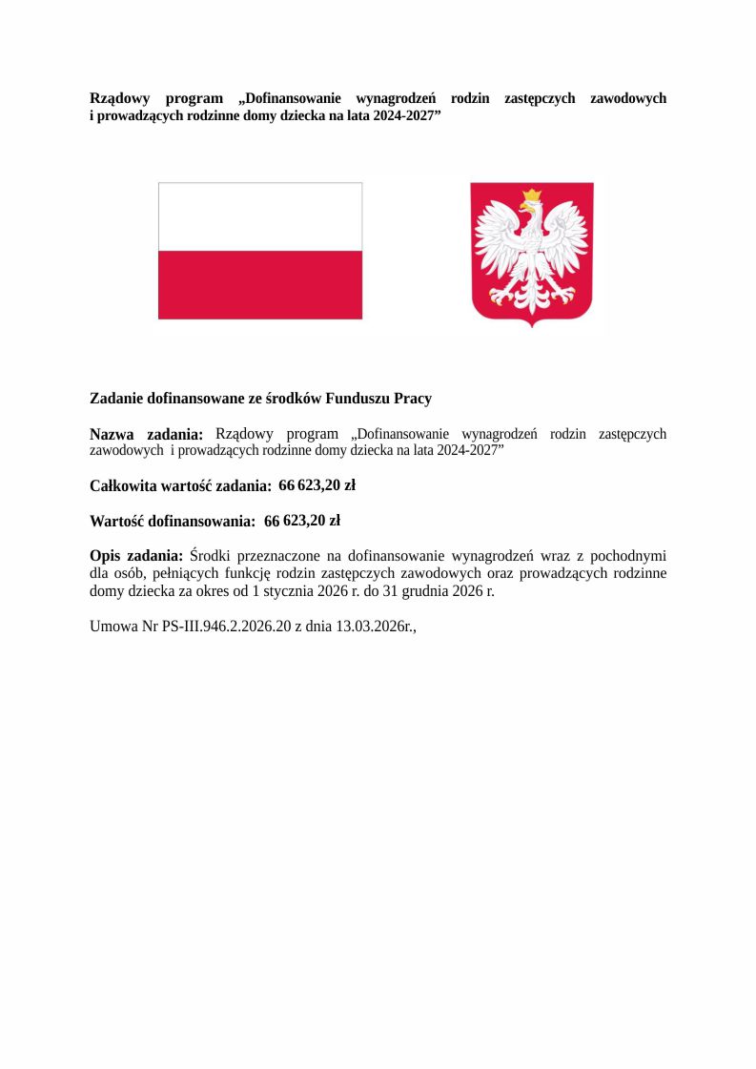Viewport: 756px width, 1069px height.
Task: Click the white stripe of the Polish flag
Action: pyautogui.click(x=259, y=216)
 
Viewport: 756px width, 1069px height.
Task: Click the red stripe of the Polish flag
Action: pyautogui.click(x=259, y=284)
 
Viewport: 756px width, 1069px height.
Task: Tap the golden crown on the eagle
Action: pyautogui.click(x=531, y=196)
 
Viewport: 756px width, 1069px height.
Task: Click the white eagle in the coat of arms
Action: pyautogui.click(x=531, y=250)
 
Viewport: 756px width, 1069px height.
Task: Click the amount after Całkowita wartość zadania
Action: pyautogui.click(x=317, y=485)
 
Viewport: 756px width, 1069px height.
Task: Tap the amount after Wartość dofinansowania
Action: pyautogui.click(x=301, y=521)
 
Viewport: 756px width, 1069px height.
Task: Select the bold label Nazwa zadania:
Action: pyautogui.click(x=146, y=435)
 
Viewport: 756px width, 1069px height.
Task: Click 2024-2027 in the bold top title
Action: pyautogui.click(x=401, y=114)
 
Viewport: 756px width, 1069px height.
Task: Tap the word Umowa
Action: pyautogui.click(x=112, y=627)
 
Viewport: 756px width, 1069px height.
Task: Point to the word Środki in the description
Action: pyautogui.click(x=211, y=556)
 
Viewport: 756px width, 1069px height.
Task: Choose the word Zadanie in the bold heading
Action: pyautogui.click(x=117, y=399)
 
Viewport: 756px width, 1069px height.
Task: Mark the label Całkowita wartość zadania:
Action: pyautogui.click(x=180, y=485)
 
